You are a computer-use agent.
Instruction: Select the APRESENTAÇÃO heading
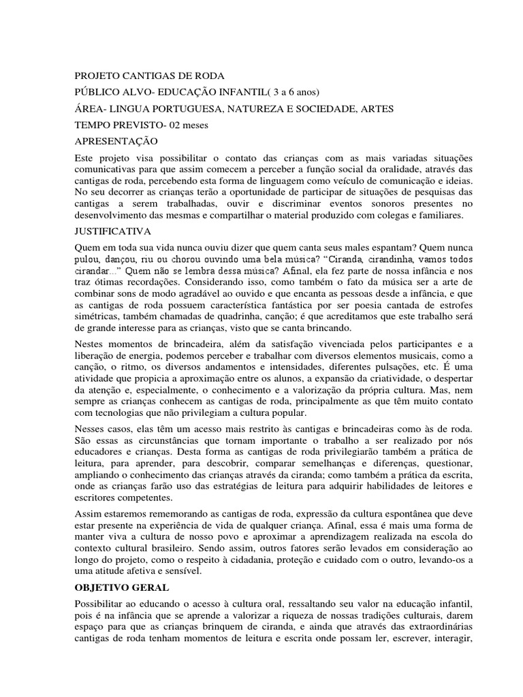116,142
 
